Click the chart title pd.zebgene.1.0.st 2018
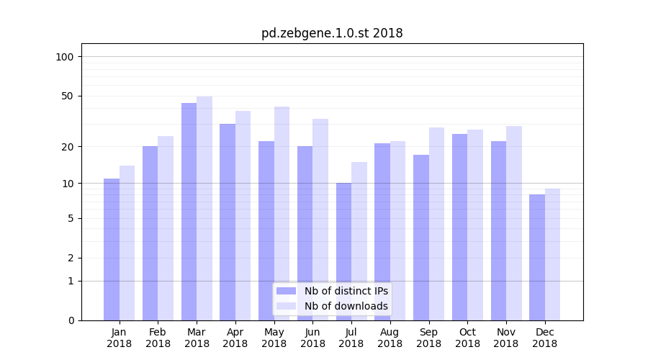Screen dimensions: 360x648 332,34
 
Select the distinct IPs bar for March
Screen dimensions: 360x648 189,212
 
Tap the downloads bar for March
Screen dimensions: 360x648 204,208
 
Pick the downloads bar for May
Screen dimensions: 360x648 282,213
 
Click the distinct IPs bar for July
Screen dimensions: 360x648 343,251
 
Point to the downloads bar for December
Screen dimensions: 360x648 552,254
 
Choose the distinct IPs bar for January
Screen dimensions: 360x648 112,249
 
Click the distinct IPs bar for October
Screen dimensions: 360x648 459,227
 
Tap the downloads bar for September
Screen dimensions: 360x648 436,223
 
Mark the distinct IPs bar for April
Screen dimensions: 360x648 228,222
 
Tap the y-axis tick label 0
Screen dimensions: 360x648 71,320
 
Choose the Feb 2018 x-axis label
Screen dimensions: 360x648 158,338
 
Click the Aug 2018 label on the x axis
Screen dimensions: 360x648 390,338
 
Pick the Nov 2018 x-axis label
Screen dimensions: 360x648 505,338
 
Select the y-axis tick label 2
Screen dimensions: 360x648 71,258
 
